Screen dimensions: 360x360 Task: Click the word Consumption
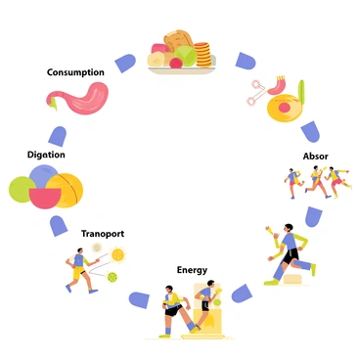pyautogui.click(x=76, y=71)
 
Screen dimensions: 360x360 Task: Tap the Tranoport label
pyautogui.click(x=102, y=234)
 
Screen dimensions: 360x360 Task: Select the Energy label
pyautogui.click(x=192, y=269)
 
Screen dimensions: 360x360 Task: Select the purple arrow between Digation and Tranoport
pyautogui.click(x=58, y=226)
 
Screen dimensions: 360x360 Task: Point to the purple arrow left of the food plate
pyautogui.click(x=125, y=64)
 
